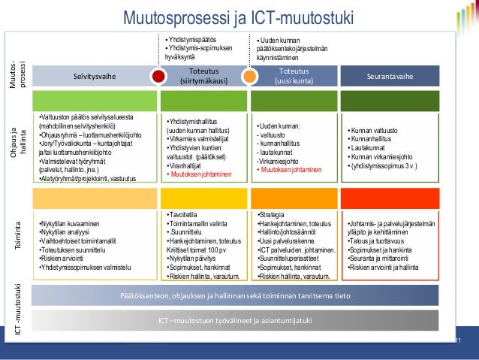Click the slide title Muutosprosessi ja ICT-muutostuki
pos(238,17)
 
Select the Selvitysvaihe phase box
pos(95,77)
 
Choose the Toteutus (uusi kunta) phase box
pos(294,77)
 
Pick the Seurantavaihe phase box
pos(388,77)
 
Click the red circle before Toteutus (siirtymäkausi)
pos(158,77)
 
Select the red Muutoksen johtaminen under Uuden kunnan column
pos(290,170)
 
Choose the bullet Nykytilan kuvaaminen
pos(68,224)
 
